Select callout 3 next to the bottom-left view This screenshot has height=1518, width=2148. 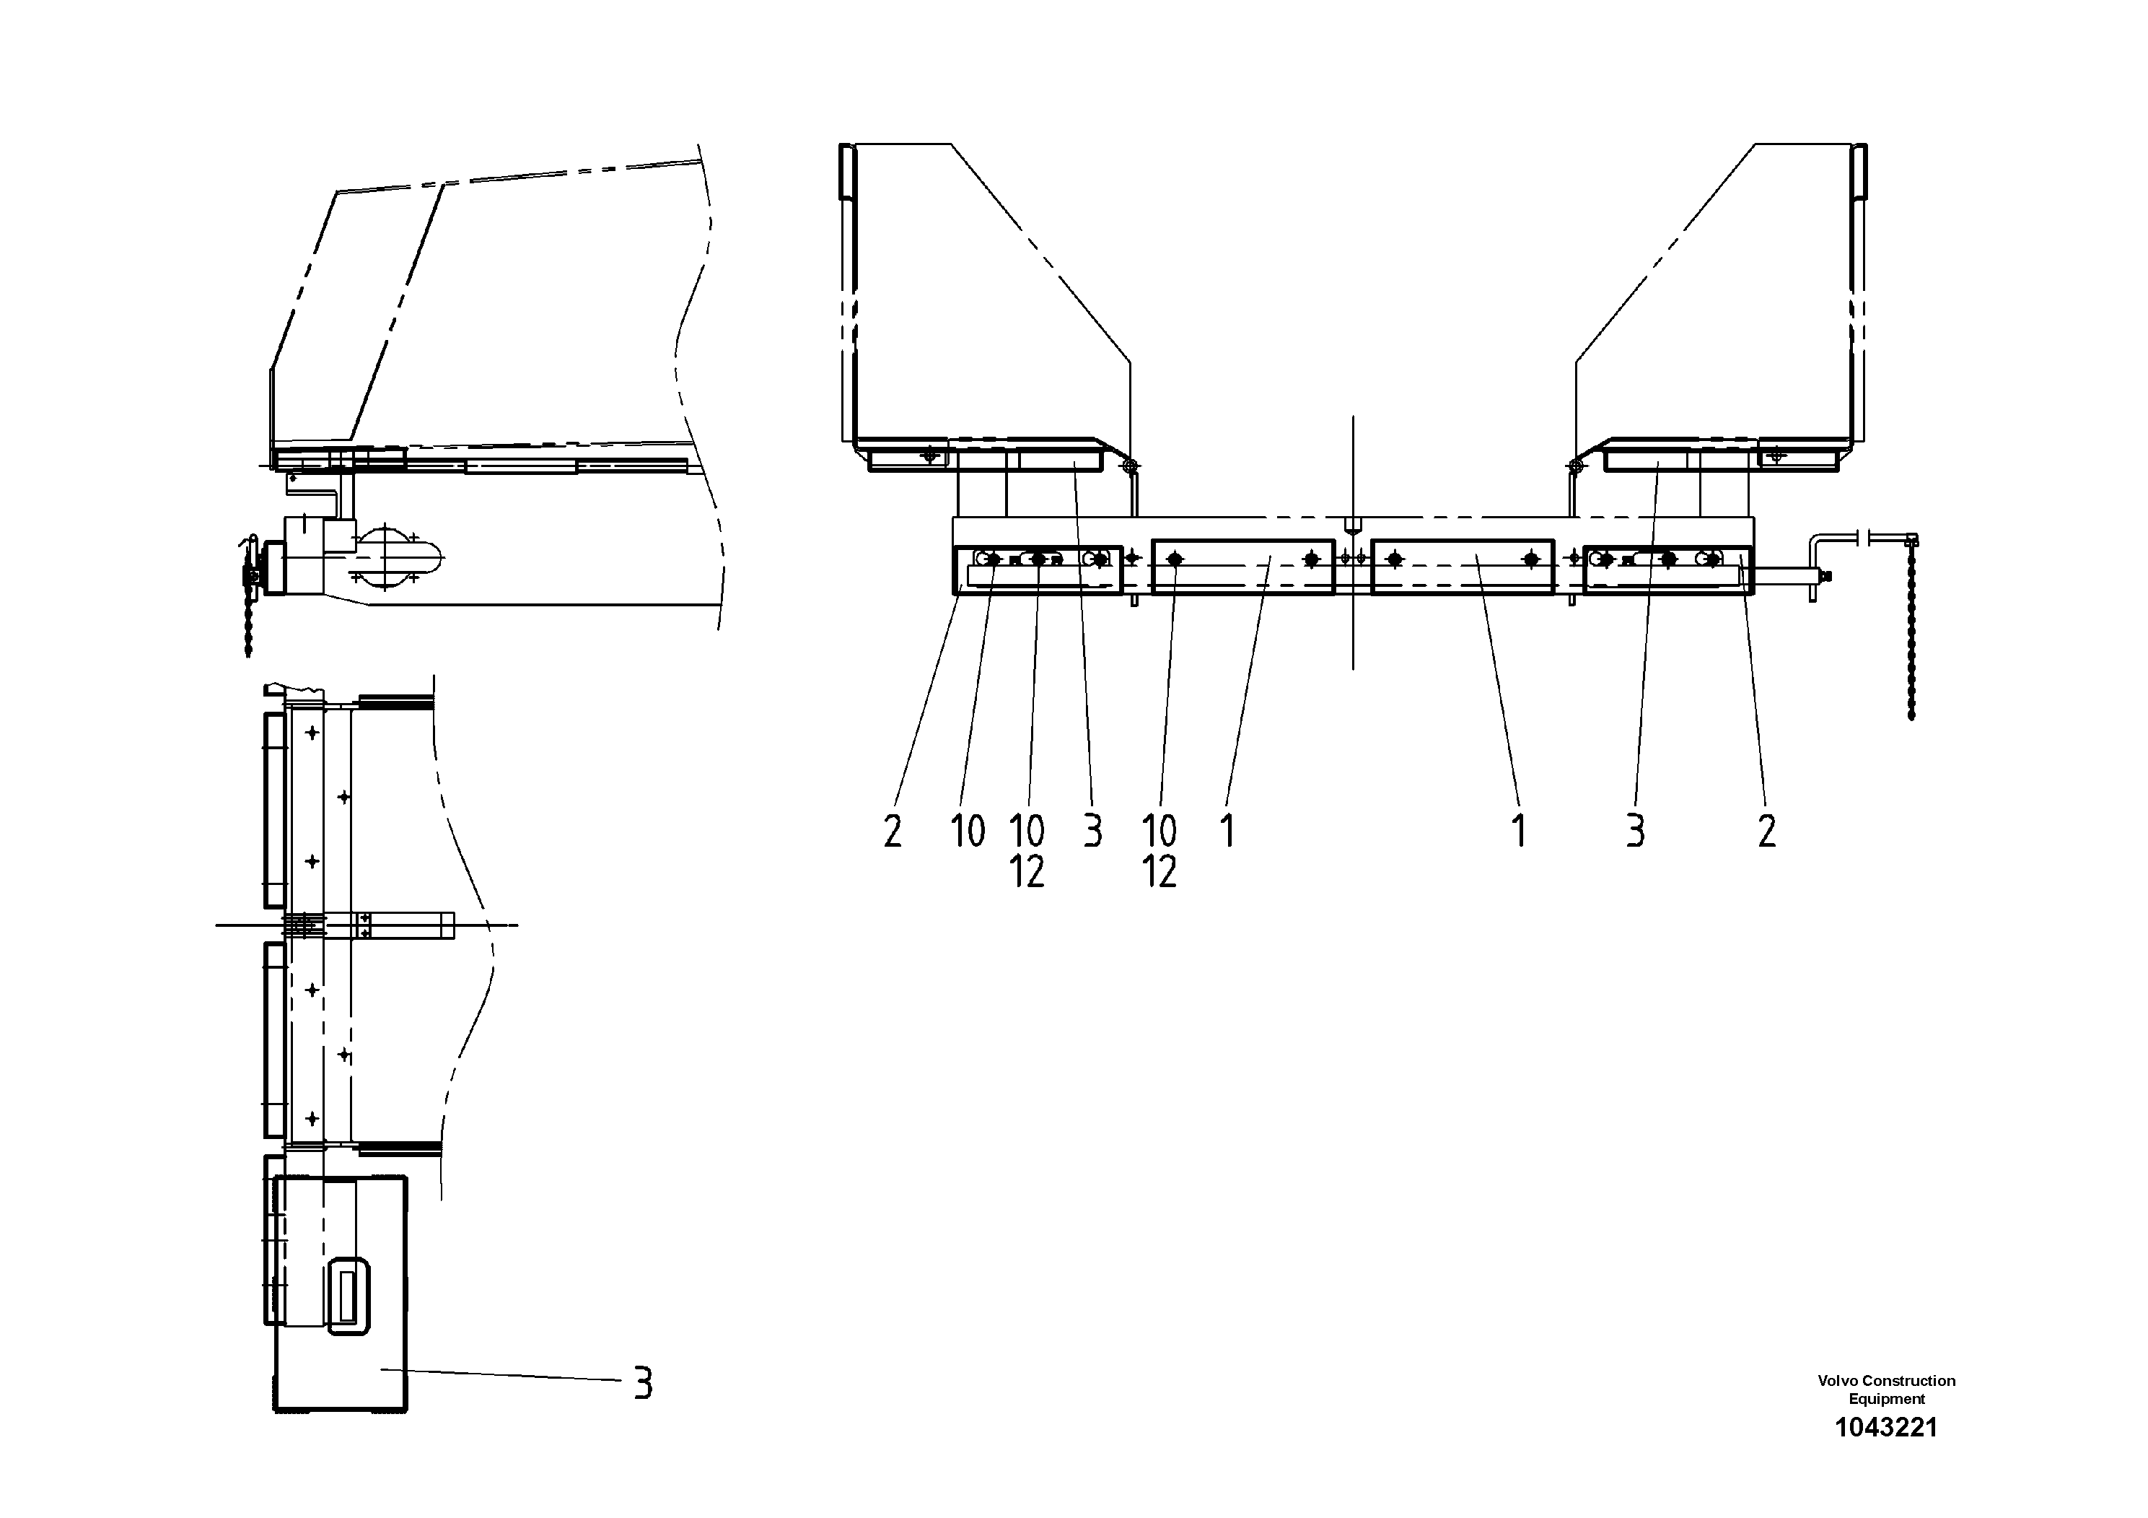click(641, 1382)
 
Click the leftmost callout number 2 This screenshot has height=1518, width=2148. click(893, 830)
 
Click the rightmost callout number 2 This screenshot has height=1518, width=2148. click(1766, 830)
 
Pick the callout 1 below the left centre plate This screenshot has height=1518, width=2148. click(1227, 830)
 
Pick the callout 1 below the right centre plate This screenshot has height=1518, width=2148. click(1520, 830)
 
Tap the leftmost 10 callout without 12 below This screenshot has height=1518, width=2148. click(968, 830)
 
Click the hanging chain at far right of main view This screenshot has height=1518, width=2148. click(1911, 637)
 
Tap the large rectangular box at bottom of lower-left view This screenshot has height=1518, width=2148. click(341, 1366)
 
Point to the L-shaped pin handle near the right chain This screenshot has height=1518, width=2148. click(1821, 552)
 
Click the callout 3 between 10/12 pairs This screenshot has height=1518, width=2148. click(1092, 830)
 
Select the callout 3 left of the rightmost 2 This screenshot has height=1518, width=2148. click(1634, 830)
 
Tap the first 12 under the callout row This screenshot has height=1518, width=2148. click(1026, 872)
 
